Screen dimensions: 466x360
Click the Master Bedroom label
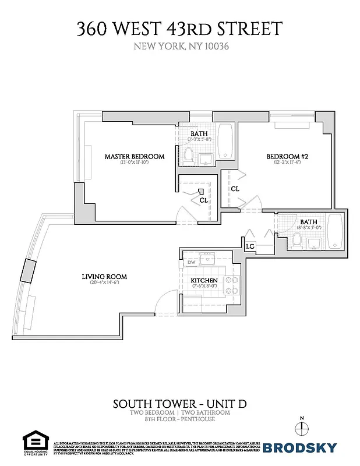(x=134, y=156)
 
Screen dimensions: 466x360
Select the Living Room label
(x=104, y=277)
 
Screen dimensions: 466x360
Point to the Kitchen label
(x=204, y=281)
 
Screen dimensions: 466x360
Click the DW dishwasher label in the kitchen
(x=191, y=263)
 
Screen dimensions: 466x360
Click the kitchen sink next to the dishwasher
(x=207, y=259)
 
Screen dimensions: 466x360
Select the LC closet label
(x=250, y=247)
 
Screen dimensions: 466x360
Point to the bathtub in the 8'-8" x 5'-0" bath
(x=336, y=232)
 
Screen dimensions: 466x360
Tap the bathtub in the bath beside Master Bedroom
(x=225, y=141)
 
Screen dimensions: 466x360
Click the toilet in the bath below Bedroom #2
(x=296, y=238)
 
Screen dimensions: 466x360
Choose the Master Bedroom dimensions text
(x=134, y=163)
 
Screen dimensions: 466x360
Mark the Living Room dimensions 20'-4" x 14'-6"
(x=104, y=284)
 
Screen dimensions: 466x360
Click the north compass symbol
(x=301, y=428)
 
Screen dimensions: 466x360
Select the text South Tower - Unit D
(x=179, y=404)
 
